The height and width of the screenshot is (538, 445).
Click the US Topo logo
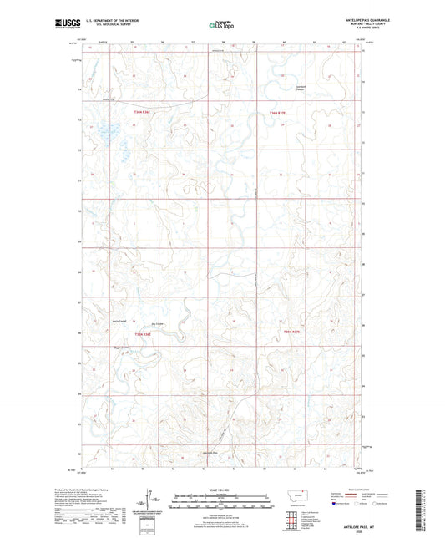[x=221, y=25]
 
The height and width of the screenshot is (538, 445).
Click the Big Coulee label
[x=157, y=324]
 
